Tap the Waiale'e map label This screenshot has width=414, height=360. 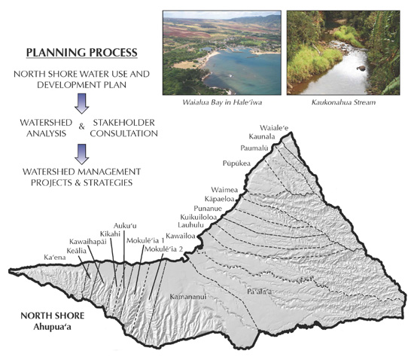(274, 128)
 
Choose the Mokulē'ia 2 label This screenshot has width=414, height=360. (165, 249)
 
